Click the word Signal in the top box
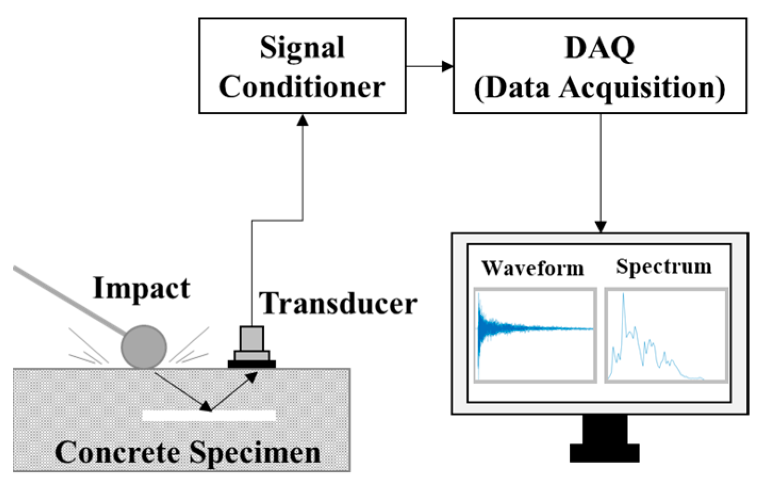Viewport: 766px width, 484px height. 302,48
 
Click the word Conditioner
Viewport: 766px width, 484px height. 302,87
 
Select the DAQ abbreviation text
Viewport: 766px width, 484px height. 600,48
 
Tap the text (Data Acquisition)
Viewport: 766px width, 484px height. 600,87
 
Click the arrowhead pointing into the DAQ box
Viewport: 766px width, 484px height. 448,66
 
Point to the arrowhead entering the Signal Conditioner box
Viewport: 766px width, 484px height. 303,120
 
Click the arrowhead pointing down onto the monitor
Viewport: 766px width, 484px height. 601,227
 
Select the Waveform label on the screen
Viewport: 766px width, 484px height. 532,268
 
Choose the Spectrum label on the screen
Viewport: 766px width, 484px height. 664,266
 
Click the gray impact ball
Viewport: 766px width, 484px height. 144,347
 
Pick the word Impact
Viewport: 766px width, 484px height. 141,289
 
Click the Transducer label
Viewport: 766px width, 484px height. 338,303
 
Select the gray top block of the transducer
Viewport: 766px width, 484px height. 252,338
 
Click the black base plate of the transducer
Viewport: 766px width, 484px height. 252,364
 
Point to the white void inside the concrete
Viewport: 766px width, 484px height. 209,415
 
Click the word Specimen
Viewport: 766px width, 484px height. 255,453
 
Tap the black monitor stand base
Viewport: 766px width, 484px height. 604,453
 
